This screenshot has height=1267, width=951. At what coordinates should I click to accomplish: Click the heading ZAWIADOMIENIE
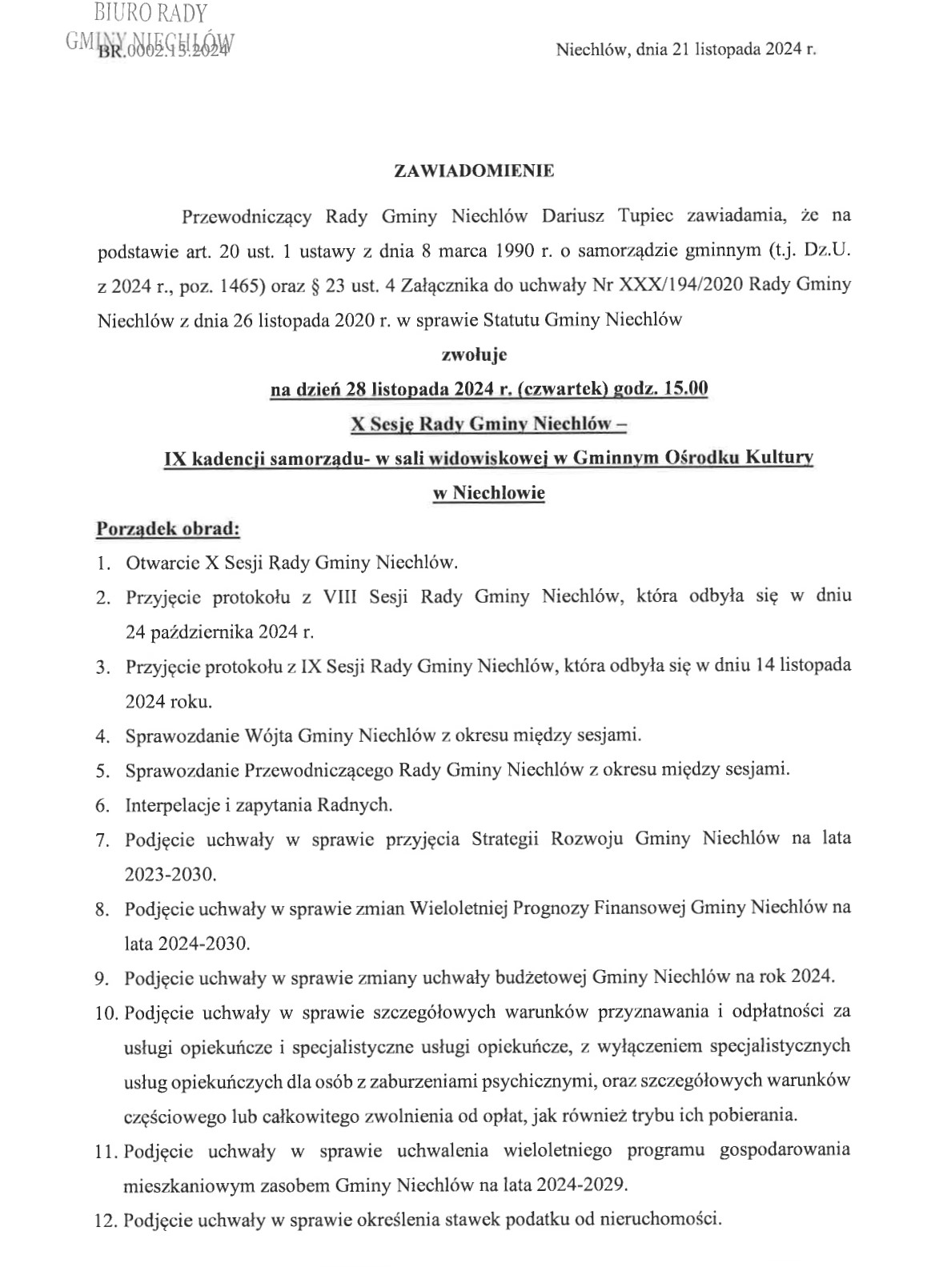pos(474,170)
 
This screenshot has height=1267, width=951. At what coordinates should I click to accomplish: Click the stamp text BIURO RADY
pos(150,14)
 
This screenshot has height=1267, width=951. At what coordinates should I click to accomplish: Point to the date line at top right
pos(685,50)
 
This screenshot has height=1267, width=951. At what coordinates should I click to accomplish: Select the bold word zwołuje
pos(474,353)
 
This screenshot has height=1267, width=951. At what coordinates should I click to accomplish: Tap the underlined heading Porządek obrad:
pos(168,528)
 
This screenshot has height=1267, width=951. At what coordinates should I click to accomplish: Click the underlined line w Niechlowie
pos(488,493)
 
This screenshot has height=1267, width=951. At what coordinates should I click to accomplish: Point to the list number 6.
pos(102,805)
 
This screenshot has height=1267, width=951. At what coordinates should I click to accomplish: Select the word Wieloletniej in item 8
pos(459,908)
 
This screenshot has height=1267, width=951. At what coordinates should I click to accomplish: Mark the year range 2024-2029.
pos(571,1185)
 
